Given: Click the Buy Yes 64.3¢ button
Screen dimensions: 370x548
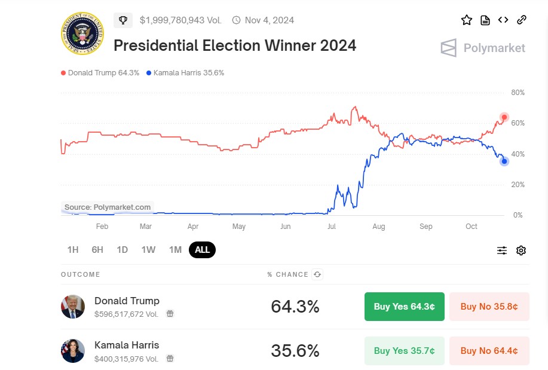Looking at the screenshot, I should (x=404, y=307).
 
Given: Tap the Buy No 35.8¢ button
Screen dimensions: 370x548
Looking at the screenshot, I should (x=489, y=307).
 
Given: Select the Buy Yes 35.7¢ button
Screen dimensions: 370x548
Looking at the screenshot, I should (x=404, y=351).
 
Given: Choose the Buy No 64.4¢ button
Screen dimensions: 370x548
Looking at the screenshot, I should (x=489, y=351).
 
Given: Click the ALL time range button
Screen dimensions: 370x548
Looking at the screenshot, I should (x=202, y=250).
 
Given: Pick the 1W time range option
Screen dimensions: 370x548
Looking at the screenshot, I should (x=148, y=250).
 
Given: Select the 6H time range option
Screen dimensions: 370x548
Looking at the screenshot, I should (x=97, y=250).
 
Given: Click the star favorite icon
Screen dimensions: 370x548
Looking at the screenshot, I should (x=467, y=20).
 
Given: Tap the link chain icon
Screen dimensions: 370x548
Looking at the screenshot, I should (x=521, y=20).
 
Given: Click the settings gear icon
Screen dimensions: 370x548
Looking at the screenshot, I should (x=521, y=250).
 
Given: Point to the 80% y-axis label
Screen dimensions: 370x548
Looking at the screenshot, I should (x=518, y=93).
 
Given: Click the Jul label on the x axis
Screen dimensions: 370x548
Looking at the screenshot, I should (x=331, y=227).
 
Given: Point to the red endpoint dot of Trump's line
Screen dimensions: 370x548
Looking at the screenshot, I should (x=504, y=117).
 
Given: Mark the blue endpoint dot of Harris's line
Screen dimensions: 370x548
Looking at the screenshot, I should (x=504, y=161).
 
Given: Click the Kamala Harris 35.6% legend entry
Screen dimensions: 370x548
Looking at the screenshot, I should (x=185, y=73).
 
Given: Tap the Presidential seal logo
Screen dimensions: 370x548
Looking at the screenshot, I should (x=82, y=33).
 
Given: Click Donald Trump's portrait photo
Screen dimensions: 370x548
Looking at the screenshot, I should (x=73, y=307).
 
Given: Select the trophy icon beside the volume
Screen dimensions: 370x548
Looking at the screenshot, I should (x=123, y=20).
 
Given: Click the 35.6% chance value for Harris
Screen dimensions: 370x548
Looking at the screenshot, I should (x=295, y=351).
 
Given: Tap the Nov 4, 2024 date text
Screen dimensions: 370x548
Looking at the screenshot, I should (x=270, y=20).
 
